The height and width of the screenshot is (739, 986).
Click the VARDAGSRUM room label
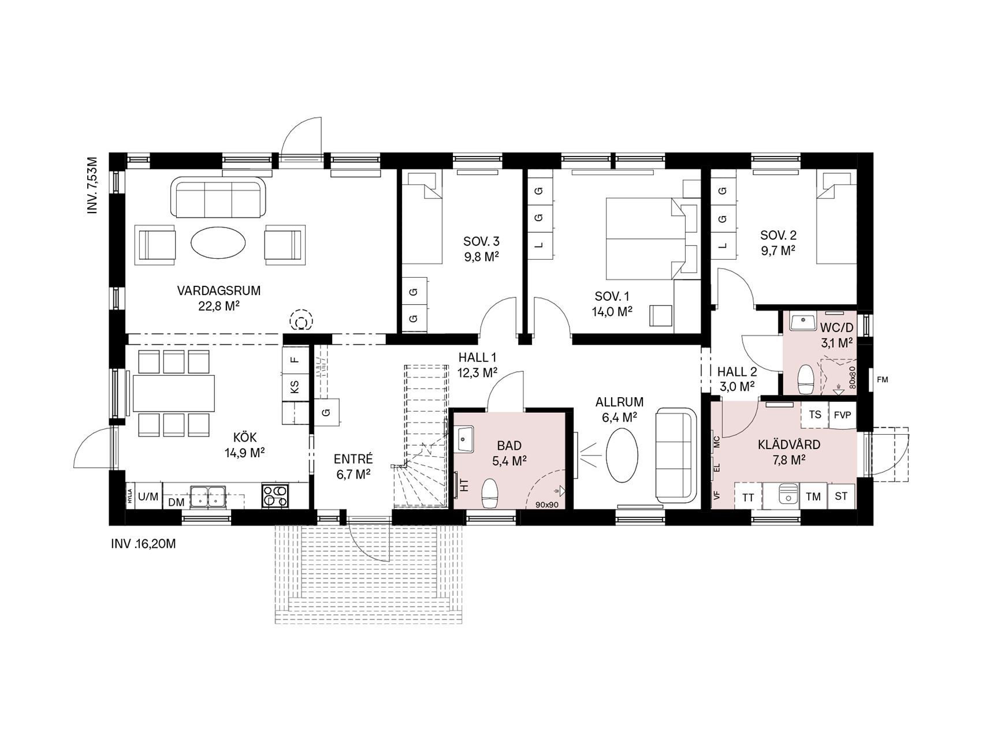(218, 291)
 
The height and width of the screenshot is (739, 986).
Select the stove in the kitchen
(276, 495)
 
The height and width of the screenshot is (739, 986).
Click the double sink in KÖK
(207, 496)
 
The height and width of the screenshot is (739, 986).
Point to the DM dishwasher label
(176, 503)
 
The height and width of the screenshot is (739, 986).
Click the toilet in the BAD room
(490, 492)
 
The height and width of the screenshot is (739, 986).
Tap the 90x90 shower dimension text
(546, 505)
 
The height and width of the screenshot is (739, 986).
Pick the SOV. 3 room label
(481, 241)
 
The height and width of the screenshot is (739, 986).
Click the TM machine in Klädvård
(813, 497)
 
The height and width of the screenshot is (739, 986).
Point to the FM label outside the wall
(882, 380)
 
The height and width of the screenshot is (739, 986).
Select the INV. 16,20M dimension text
(143, 543)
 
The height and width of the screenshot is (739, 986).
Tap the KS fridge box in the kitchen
(295, 385)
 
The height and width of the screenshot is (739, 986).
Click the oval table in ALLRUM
(623, 454)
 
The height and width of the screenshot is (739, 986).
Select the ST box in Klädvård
(842, 497)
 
